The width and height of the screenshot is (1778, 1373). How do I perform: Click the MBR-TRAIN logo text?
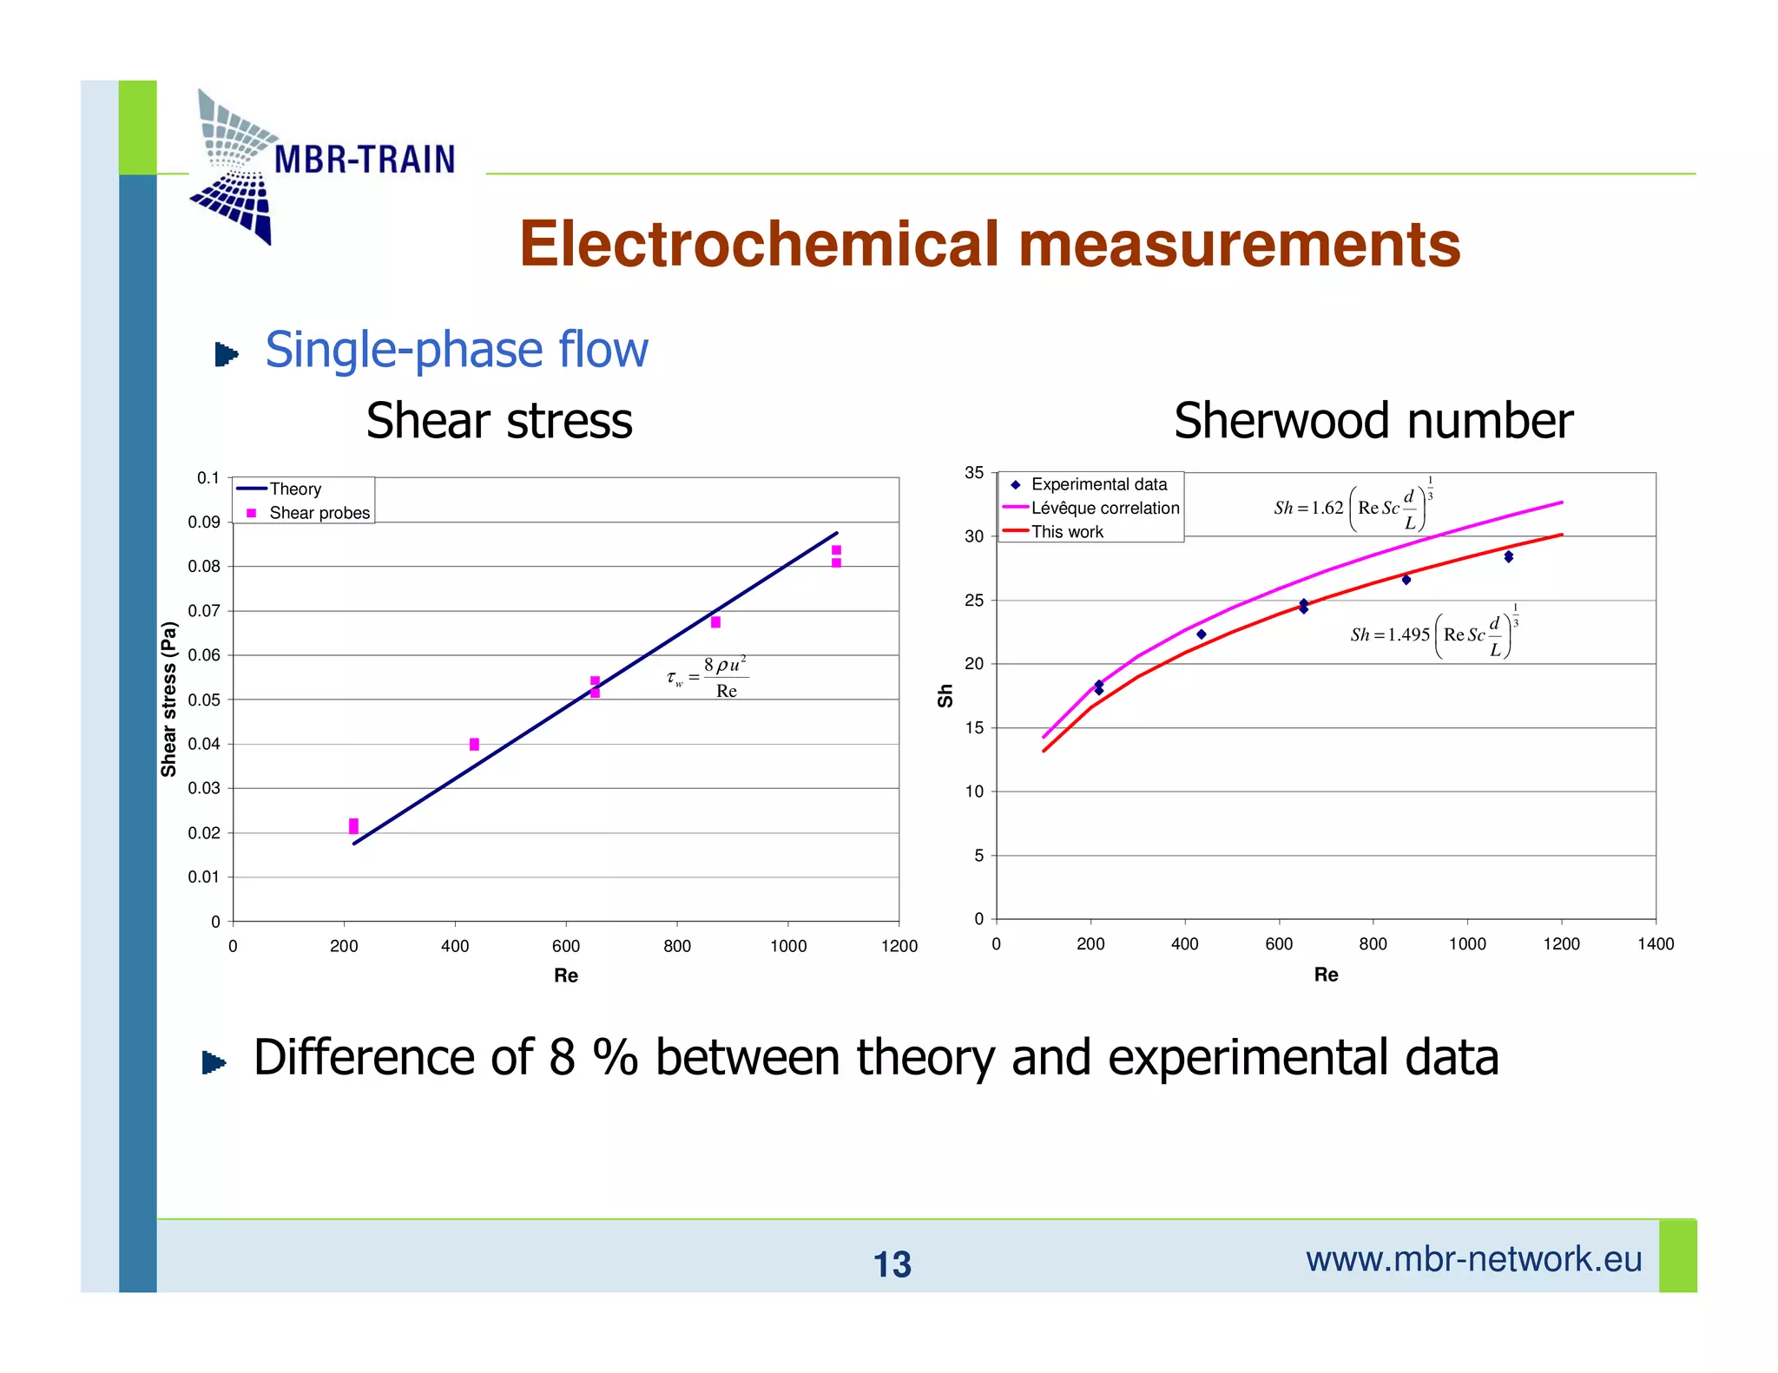[365, 160]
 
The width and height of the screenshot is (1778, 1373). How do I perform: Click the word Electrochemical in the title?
[760, 244]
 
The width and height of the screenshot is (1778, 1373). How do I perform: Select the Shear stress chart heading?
[499, 421]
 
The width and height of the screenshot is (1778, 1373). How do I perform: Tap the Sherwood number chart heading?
[1373, 421]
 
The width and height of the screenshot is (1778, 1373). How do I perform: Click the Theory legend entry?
[294, 489]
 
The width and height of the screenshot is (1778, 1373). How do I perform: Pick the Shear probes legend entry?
[319, 513]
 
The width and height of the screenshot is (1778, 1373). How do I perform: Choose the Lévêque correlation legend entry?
[1104, 508]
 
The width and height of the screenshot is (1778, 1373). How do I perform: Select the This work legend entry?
[1067, 532]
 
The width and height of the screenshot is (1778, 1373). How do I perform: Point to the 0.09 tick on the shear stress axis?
[204, 522]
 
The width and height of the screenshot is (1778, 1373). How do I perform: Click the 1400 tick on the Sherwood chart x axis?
[1656, 944]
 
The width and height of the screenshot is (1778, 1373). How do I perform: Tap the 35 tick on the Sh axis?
[974, 473]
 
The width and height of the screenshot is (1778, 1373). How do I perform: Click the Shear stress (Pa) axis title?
[168, 700]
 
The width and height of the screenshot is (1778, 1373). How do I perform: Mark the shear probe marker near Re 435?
[474, 745]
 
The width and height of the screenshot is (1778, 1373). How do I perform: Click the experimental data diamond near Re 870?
[1406, 580]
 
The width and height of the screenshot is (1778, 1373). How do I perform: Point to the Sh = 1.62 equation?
[1353, 507]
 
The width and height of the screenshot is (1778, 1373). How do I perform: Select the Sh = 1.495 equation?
[1433, 634]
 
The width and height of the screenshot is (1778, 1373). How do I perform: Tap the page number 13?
[892, 1265]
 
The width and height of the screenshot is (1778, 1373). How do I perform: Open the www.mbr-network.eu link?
[1473, 1259]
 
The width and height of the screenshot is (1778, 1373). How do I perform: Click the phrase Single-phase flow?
[457, 350]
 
